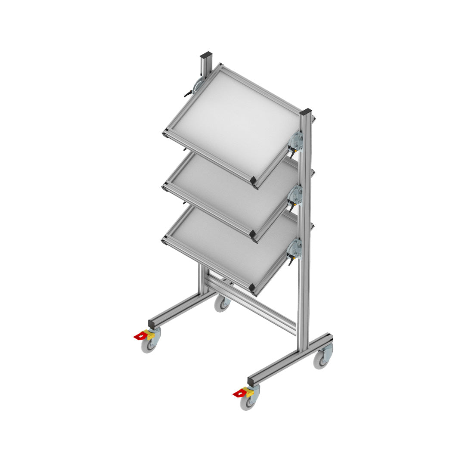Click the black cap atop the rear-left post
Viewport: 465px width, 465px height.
click(x=206, y=56)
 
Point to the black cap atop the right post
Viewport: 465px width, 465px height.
click(x=306, y=112)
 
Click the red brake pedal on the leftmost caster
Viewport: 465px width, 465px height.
click(x=140, y=336)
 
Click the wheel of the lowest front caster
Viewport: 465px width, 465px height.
click(x=248, y=403)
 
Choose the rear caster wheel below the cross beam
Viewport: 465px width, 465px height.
click(x=223, y=304)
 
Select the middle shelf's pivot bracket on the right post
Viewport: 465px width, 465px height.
click(x=296, y=195)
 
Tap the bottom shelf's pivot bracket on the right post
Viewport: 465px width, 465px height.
click(x=295, y=249)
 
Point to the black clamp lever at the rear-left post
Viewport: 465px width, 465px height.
click(x=189, y=93)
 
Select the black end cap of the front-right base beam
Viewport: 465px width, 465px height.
click(x=251, y=381)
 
